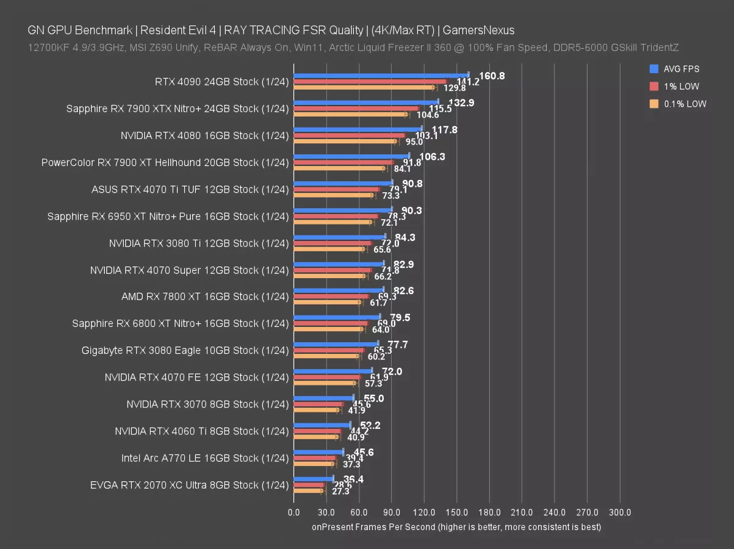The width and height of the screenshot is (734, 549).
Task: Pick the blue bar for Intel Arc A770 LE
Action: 318,451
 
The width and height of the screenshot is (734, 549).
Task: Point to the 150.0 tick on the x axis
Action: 457,512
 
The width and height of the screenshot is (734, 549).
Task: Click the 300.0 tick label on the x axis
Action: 620,512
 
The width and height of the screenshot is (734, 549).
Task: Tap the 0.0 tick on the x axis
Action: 293,512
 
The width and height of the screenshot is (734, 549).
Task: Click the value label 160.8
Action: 492,76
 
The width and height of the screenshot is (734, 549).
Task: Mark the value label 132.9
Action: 461,102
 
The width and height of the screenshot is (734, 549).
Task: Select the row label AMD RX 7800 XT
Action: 204,296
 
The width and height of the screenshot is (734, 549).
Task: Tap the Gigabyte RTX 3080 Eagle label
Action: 185,350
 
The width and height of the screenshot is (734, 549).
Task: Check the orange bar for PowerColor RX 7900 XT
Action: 339,168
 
